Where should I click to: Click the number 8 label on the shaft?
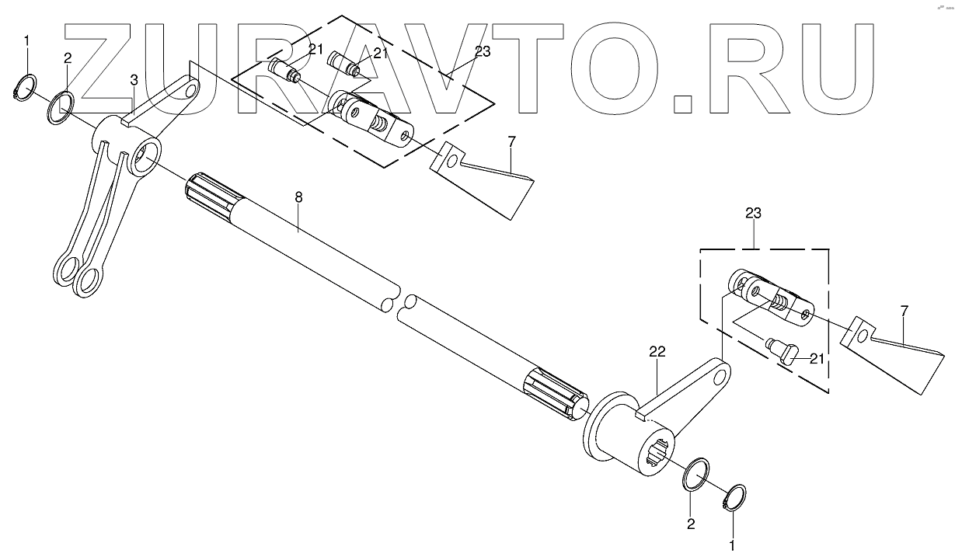[x=298, y=197]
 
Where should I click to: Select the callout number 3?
[x=134, y=80]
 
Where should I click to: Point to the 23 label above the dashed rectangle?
[x=753, y=213]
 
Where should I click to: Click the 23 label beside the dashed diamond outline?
[x=483, y=53]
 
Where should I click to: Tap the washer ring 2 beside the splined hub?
[x=697, y=474]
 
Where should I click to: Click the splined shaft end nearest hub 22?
[x=553, y=393]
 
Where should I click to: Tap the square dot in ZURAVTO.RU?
[x=684, y=104]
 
